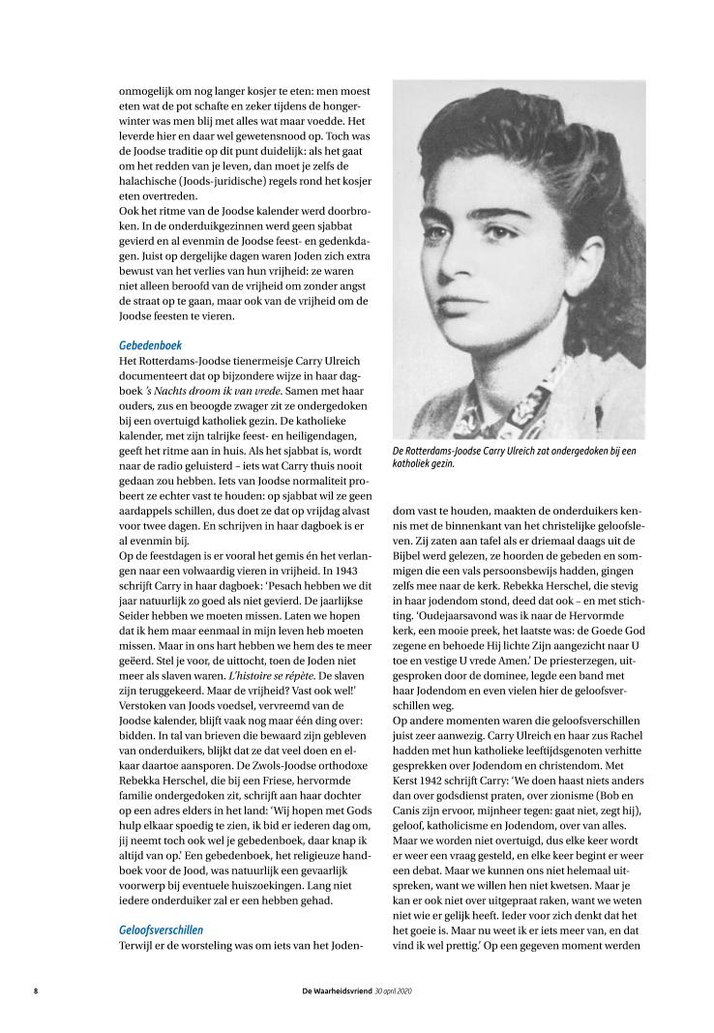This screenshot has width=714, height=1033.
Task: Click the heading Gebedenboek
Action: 150,344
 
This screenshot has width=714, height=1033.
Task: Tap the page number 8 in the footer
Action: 36,991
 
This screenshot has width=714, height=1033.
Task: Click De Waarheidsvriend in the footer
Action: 334,991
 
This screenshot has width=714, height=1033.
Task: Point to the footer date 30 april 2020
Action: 393,991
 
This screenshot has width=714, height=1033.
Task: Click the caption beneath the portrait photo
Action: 515,457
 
